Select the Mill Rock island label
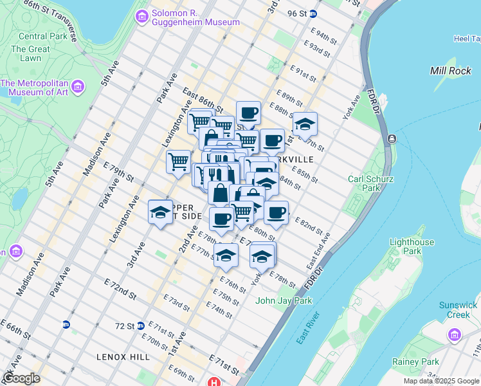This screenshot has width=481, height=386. pos(451,71)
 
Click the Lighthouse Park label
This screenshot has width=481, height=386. pos(412,248)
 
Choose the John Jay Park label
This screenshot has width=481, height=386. pos(284,300)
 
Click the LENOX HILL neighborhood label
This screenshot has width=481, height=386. pos(123,357)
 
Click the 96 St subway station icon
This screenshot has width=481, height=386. pos(313,14)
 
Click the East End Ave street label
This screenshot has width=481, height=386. pos(318,251)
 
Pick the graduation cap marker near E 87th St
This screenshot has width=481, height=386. pos(305,124)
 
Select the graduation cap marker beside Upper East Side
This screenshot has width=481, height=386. pos(159,213)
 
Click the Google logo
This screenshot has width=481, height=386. pos(21,378)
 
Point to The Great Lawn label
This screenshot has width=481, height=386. pos(30,54)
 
